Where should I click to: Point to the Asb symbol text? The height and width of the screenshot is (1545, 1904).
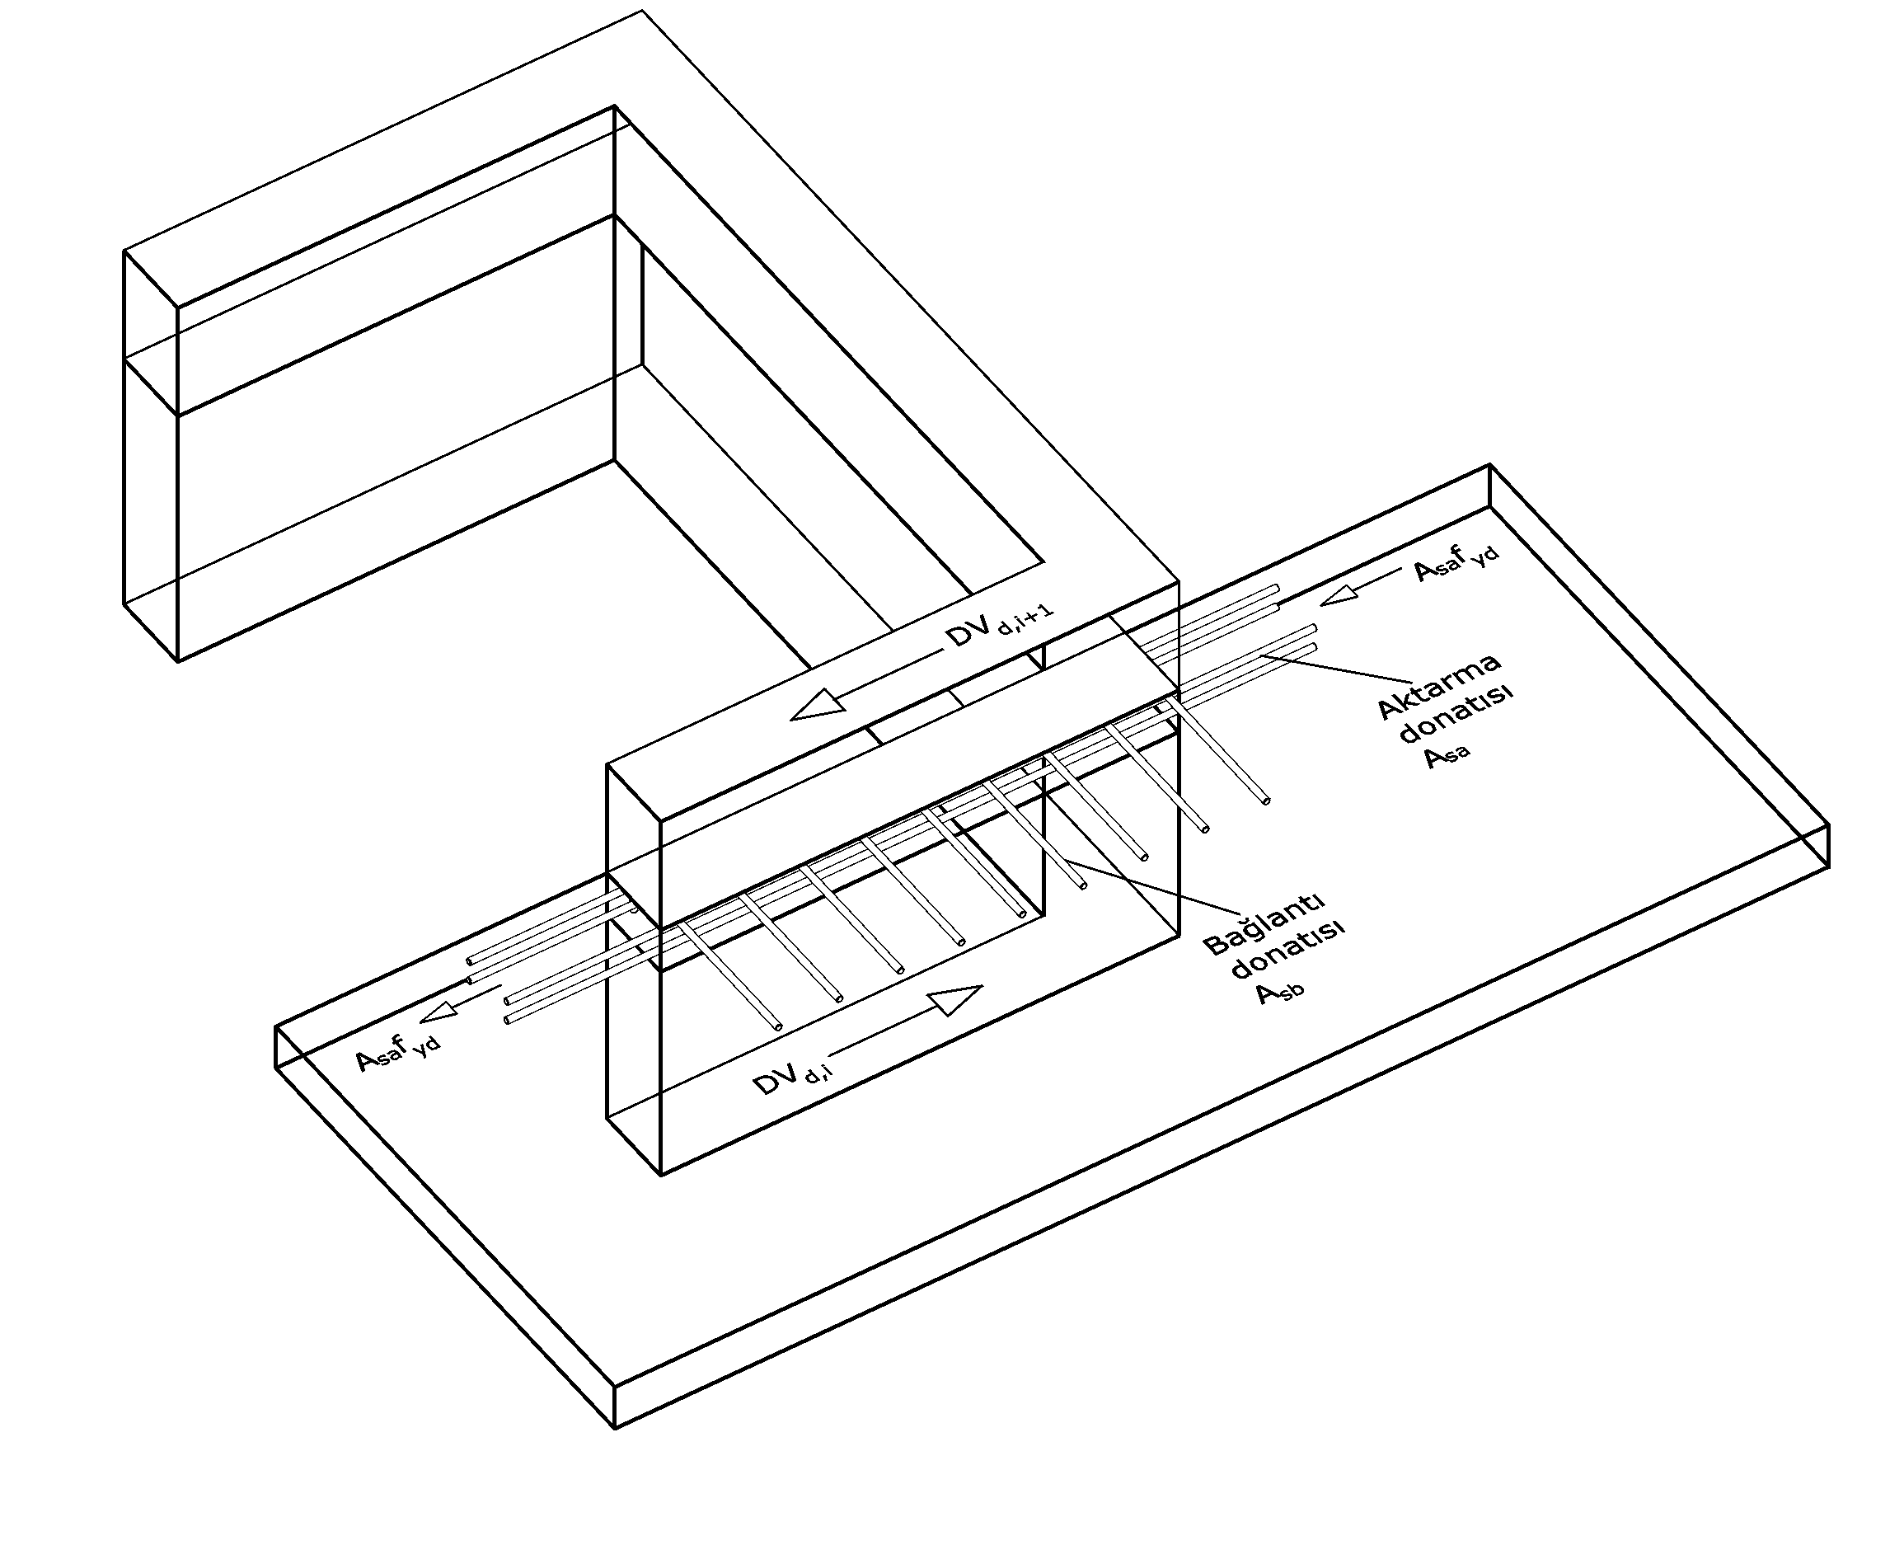point(1280,992)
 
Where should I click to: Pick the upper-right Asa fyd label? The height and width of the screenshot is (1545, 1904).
point(1456,563)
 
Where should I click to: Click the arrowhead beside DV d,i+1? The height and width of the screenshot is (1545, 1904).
point(818,706)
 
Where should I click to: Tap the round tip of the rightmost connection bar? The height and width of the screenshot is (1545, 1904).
point(1267,801)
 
